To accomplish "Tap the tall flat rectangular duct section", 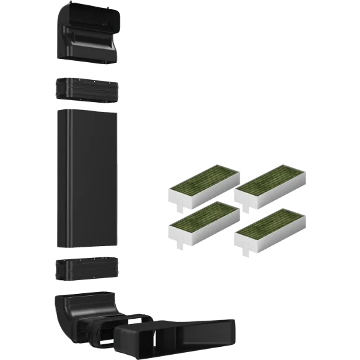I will pos(87,177).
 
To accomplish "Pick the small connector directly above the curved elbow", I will pos(87,269).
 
